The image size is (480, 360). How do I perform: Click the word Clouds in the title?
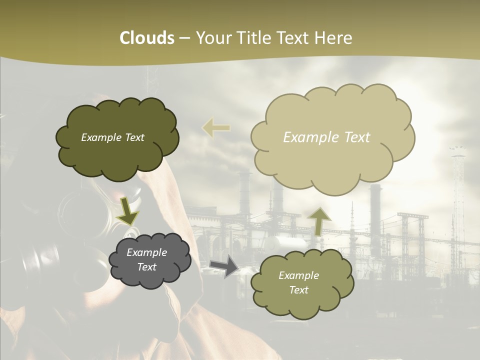tap(147, 38)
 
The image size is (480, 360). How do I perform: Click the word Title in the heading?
tap(252, 38)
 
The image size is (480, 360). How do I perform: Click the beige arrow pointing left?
tap(216, 128)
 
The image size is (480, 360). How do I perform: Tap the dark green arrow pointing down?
tap(128, 210)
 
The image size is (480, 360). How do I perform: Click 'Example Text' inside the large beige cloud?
tap(326, 137)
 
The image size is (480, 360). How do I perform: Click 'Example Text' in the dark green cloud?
tap(112, 137)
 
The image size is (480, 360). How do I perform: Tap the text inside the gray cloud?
tap(147, 260)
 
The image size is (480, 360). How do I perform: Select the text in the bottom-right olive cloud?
tap(298, 283)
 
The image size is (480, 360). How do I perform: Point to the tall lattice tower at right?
tap(457, 200)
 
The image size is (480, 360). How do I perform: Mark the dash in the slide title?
tap(184, 38)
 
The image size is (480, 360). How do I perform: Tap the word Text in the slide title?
tap(293, 38)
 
